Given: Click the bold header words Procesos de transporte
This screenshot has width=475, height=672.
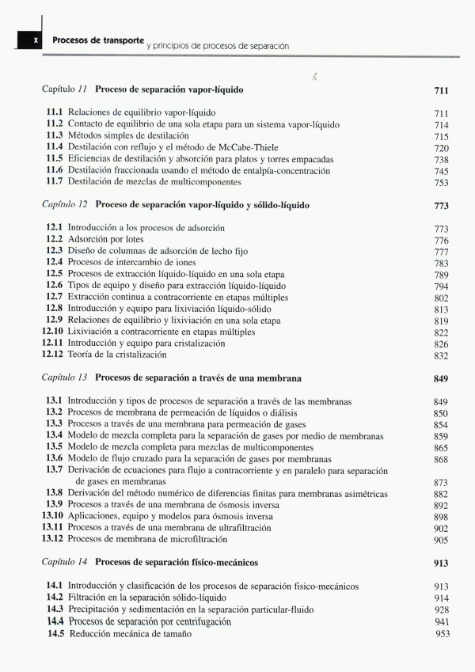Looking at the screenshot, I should click(x=97, y=40).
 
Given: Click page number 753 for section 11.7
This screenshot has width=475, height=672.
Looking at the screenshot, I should click(x=441, y=183).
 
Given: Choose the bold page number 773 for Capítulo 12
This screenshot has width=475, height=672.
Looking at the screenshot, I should click(x=441, y=206).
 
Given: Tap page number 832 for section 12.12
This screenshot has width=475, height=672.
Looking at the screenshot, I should click(x=441, y=355).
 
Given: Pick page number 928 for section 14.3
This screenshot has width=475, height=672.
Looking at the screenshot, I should click(x=441, y=610).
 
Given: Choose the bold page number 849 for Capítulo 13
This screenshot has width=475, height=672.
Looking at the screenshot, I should click(x=441, y=378).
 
